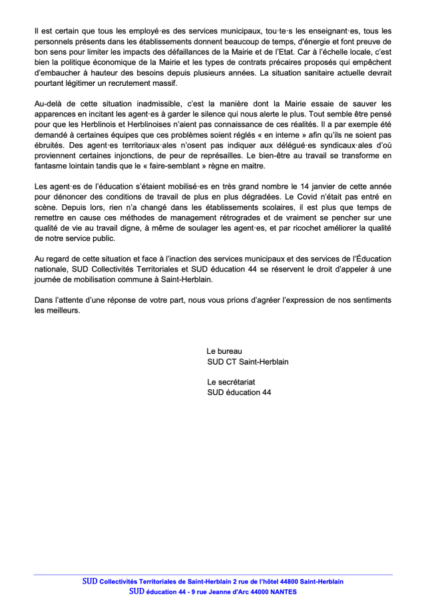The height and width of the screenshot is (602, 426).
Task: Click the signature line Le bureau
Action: click(x=225, y=351)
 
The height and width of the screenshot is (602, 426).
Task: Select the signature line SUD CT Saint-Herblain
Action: click(x=248, y=362)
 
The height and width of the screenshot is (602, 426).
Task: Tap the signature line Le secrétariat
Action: click(x=232, y=382)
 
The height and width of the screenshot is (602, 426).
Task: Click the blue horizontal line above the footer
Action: click(x=213, y=575)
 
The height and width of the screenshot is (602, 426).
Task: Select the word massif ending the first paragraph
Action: click(x=162, y=83)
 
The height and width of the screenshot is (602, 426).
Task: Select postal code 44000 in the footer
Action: click(x=254, y=591)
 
